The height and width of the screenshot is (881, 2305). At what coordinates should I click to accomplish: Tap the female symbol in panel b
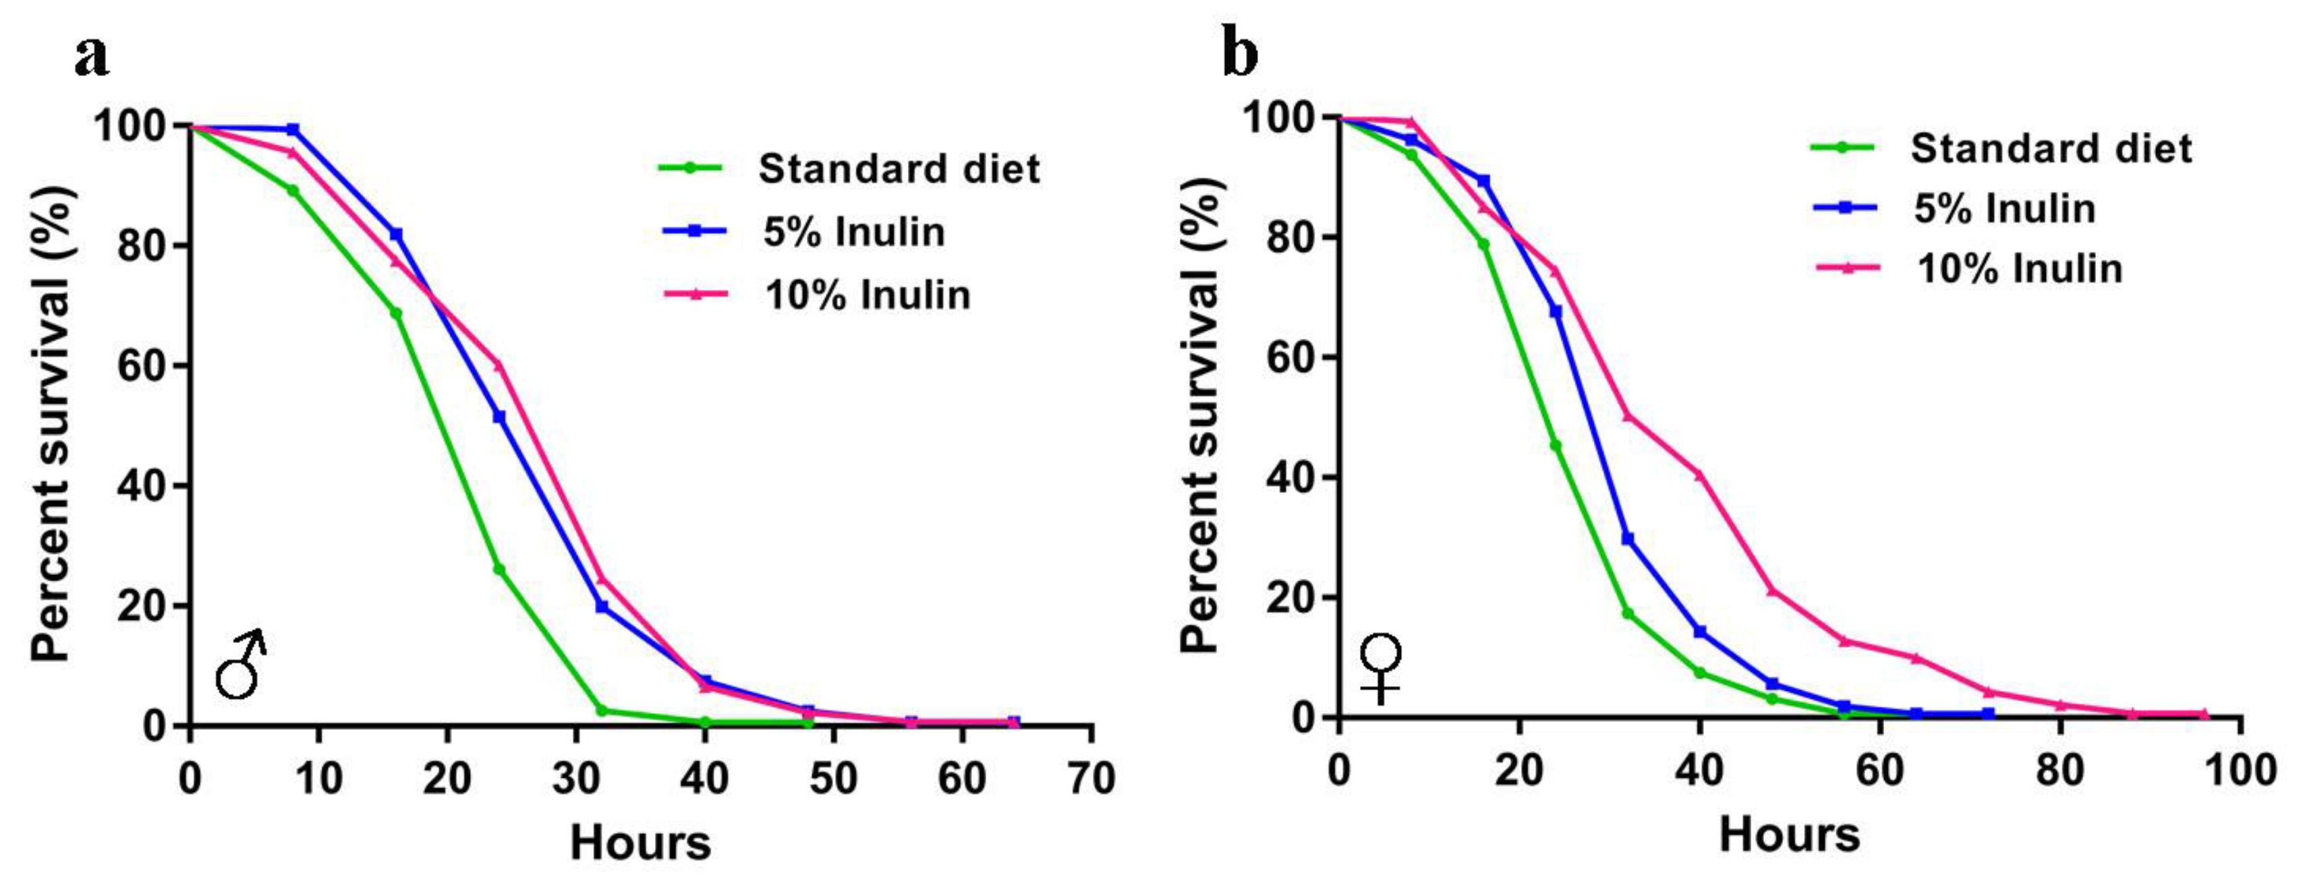coord(1381,669)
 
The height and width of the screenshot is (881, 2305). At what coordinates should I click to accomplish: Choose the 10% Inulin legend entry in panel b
coord(1968,268)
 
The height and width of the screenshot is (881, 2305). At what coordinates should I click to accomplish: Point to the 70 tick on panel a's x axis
coord(1091,778)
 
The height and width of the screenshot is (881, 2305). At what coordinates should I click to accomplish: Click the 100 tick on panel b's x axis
coord(2240,770)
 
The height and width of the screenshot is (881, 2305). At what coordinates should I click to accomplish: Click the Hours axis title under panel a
coord(641,843)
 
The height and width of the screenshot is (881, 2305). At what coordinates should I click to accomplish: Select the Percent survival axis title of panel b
coord(1201,416)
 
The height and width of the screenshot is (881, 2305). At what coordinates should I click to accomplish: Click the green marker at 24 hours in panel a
coord(499,570)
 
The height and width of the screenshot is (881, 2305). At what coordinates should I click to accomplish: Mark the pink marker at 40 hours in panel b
coord(1699,475)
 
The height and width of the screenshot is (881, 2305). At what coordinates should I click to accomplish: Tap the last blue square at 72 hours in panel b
coord(1988,714)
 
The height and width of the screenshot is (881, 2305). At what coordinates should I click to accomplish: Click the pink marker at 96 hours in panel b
coord(2204,714)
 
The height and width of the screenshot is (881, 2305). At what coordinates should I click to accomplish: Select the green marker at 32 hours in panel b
coord(1628,613)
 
